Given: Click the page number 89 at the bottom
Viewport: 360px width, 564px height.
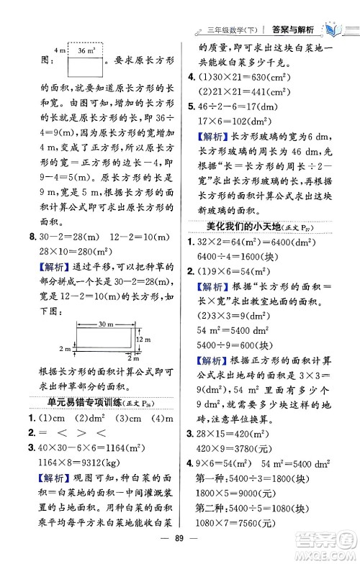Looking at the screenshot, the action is [x=179, y=550].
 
